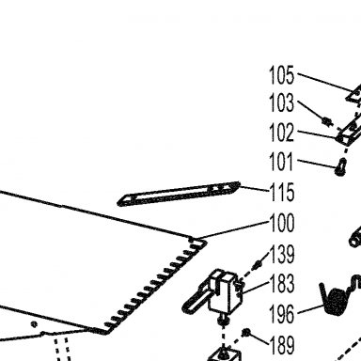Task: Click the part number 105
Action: (282, 75)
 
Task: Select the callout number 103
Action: (282, 102)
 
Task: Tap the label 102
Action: (282, 133)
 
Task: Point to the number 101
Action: (282, 162)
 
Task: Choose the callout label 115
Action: (282, 192)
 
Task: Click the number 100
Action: (282, 223)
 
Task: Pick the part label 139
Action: (282, 254)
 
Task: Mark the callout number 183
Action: (282, 283)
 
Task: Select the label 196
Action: (282, 313)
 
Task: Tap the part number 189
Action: (282, 345)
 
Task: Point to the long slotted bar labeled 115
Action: (179, 194)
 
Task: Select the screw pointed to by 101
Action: (341, 166)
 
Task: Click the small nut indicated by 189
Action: (246, 332)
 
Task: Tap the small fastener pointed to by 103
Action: (327, 121)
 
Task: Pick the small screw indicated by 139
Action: (259, 264)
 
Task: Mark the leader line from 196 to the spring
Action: (311, 308)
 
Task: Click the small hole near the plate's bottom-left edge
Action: (35, 324)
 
